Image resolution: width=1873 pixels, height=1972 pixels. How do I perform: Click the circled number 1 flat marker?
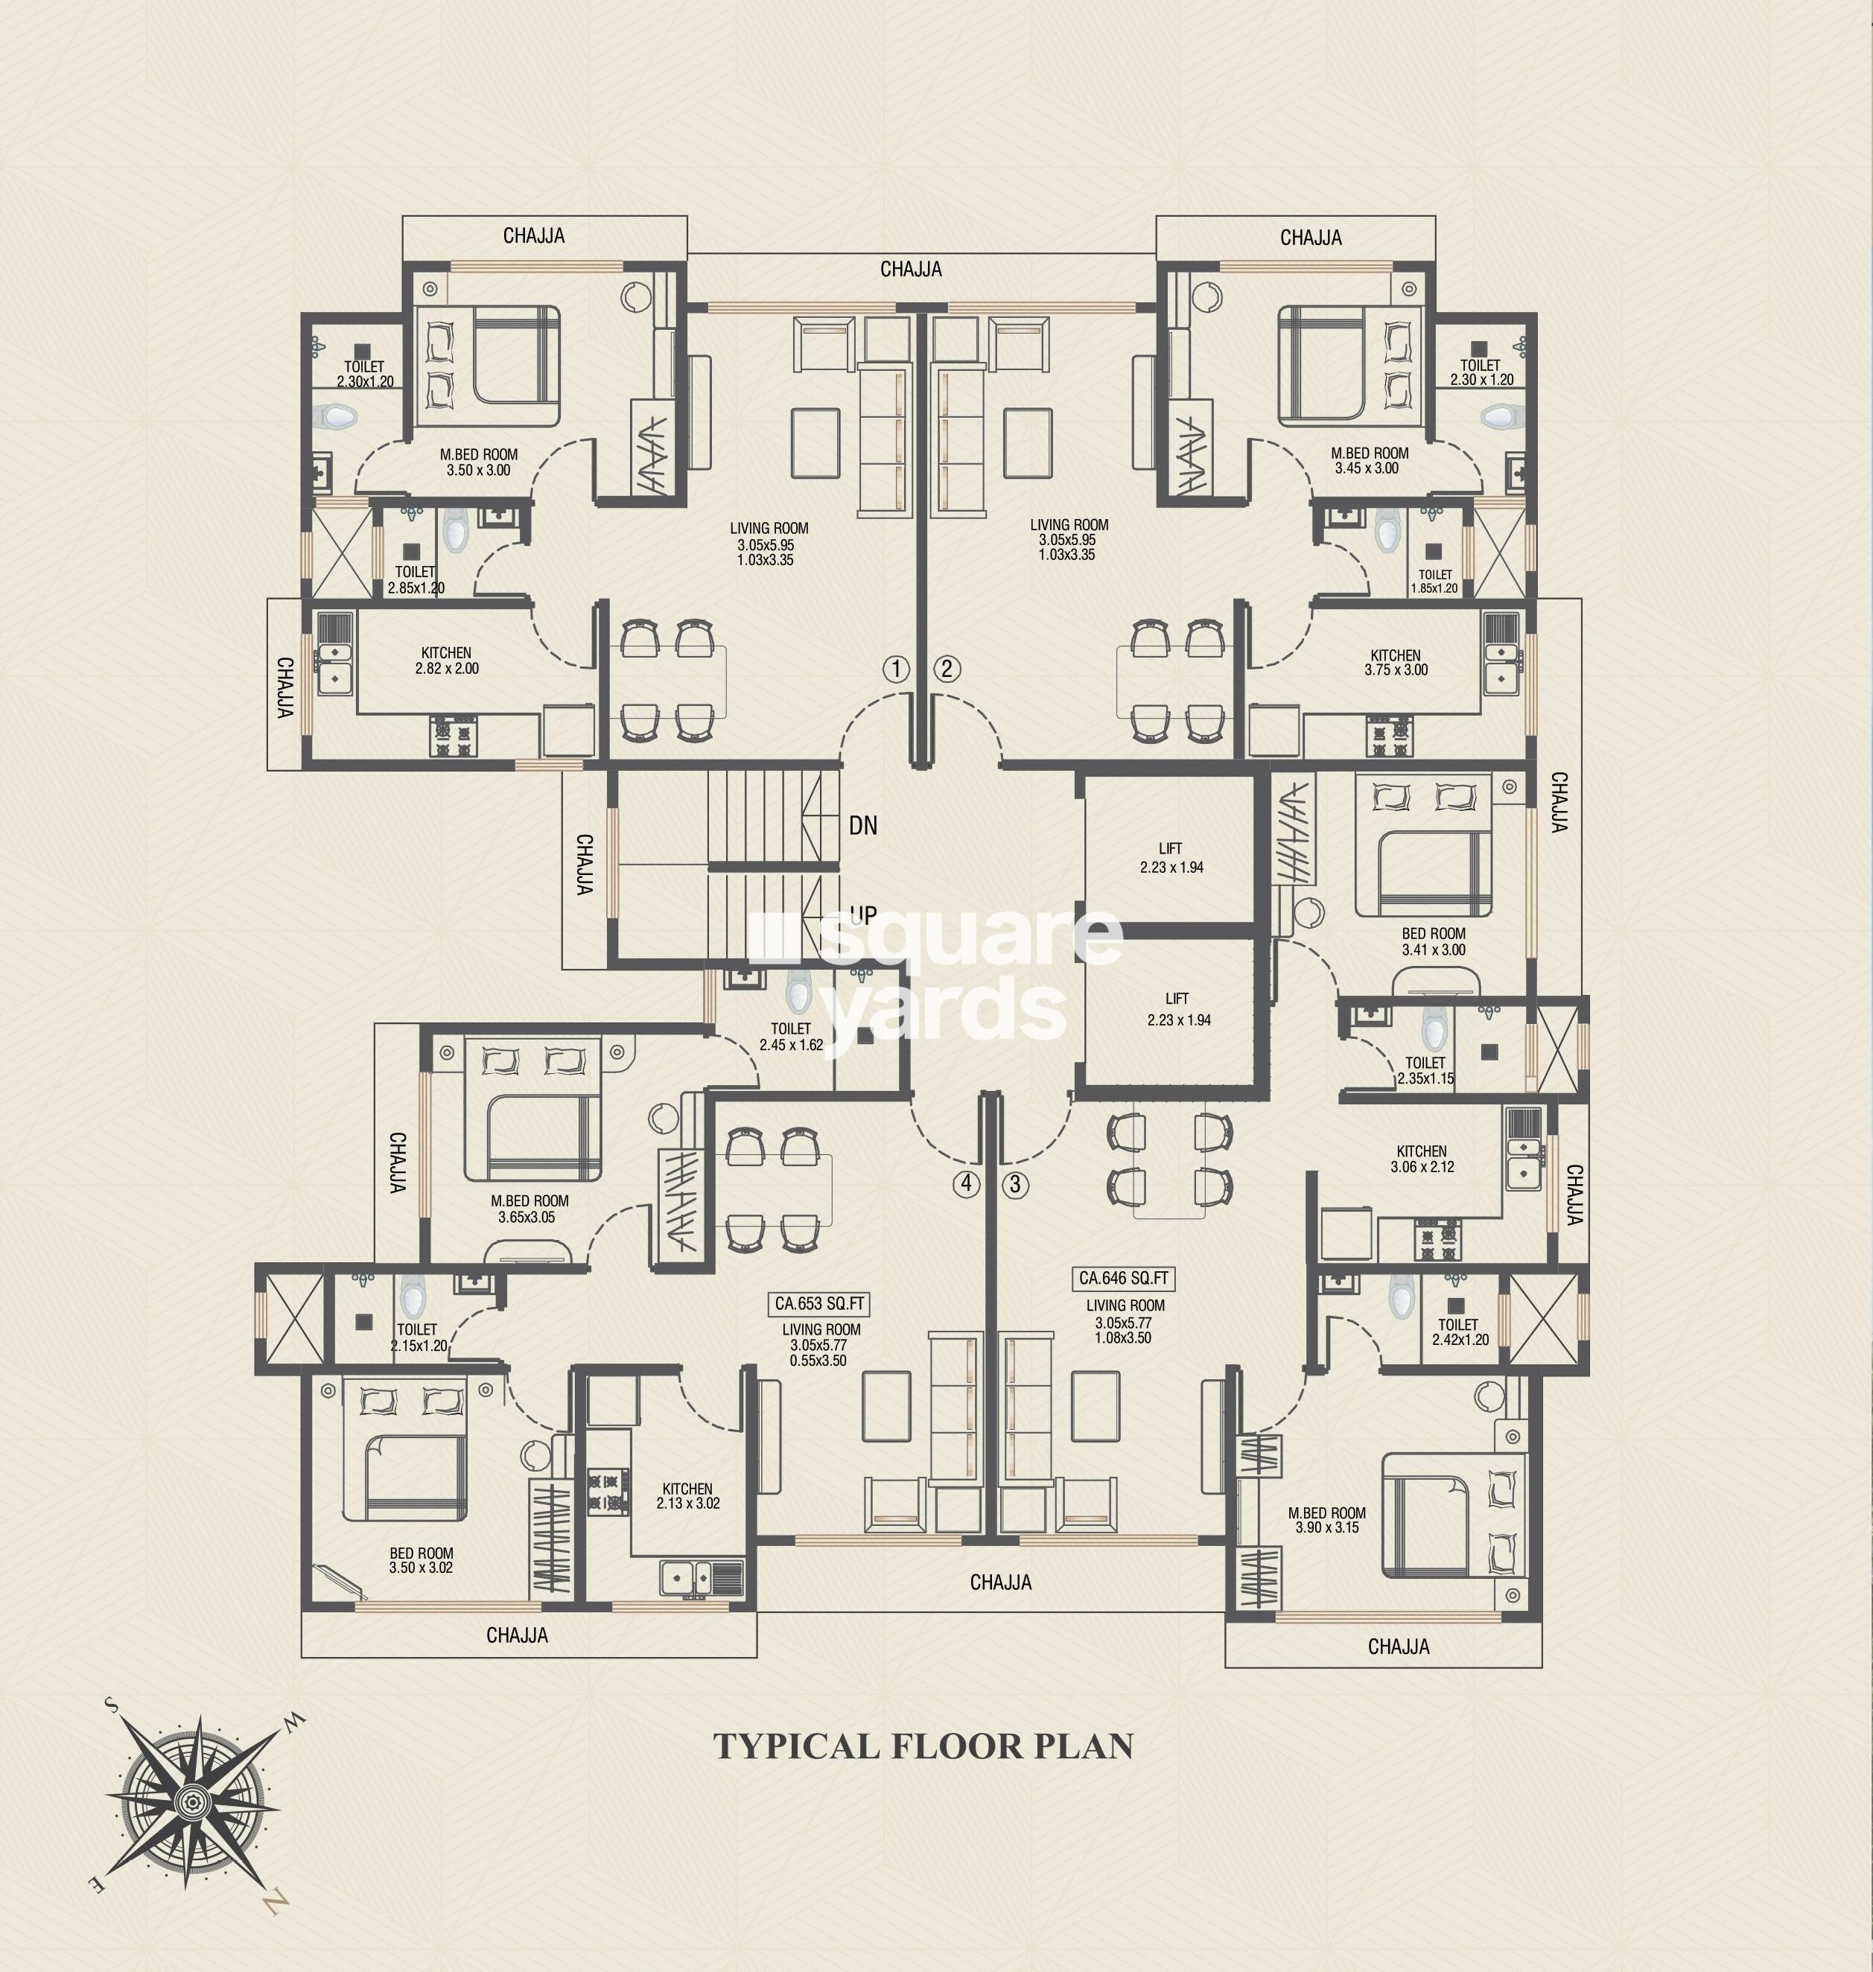896,669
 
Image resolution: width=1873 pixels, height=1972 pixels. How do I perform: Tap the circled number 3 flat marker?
1015,1185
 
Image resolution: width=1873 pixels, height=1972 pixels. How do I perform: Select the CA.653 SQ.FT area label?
820,1304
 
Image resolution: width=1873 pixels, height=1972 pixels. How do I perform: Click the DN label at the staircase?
862,826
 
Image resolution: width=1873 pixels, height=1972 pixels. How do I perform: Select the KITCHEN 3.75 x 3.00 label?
1395,663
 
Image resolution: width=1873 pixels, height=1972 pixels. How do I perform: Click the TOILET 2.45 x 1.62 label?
791,1037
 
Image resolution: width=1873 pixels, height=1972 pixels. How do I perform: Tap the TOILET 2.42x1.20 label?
1459,1332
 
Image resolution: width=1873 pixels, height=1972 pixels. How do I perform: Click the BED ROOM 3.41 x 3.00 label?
1433,941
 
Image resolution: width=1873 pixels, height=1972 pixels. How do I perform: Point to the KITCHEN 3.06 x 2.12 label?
1422,1158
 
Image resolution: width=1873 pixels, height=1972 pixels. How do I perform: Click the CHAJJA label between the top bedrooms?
911,270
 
